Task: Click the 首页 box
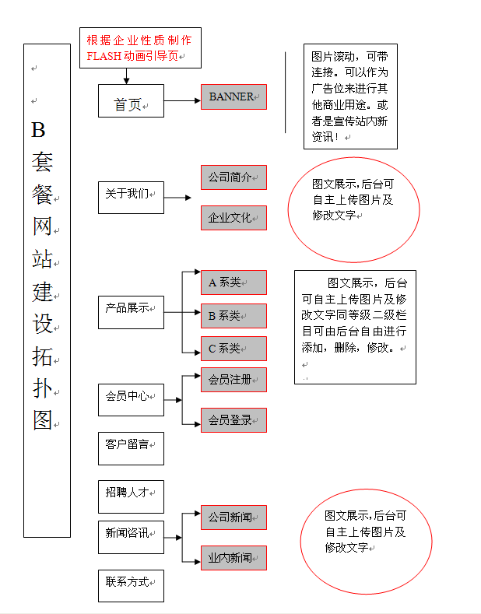click(x=131, y=101)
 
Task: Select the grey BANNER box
click(x=233, y=96)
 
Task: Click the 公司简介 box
click(x=233, y=177)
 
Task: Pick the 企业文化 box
click(x=233, y=218)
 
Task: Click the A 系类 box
click(x=233, y=282)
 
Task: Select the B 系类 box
click(x=233, y=315)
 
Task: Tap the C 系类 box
click(x=233, y=349)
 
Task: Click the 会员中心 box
click(x=131, y=399)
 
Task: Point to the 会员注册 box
click(x=233, y=380)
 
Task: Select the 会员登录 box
click(x=233, y=420)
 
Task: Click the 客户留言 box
click(x=131, y=447)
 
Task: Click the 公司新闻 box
click(x=233, y=518)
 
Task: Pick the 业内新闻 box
click(x=233, y=558)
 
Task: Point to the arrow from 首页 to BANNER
click(x=182, y=101)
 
